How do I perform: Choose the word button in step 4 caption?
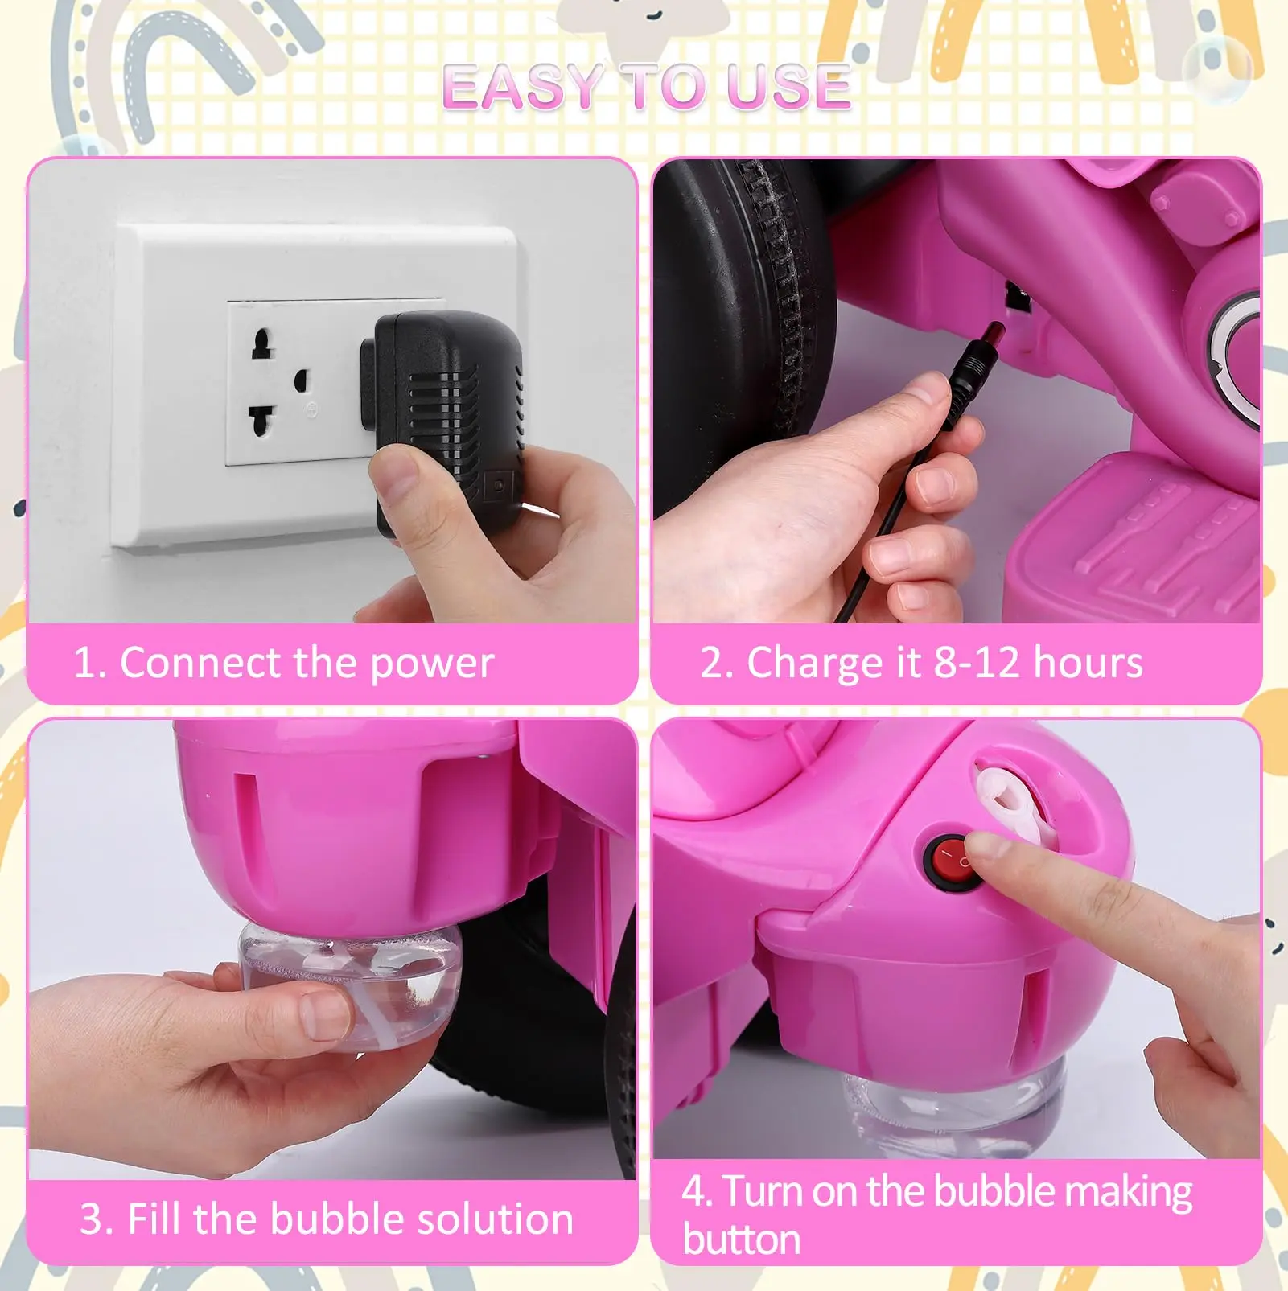click(x=741, y=1240)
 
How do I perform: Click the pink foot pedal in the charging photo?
click(x=1134, y=539)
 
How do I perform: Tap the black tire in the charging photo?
click(x=744, y=338)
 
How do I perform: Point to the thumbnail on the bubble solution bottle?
click(x=326, y=1013)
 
